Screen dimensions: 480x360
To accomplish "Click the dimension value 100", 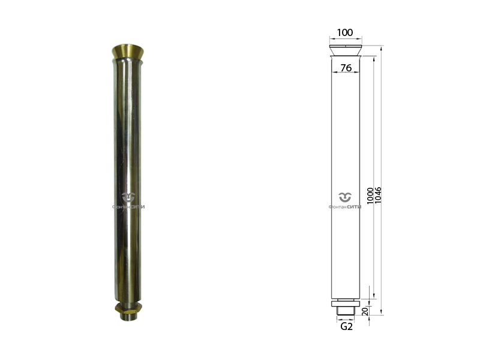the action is click(x=345, y=32).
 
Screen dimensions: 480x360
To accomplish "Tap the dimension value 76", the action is click(x=346, y=68).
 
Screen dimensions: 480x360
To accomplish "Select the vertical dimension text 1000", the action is click(x=370, y=196).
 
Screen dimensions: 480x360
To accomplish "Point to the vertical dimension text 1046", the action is click(x=378, y=194).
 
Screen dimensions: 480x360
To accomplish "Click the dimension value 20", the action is click(x=365, y=311).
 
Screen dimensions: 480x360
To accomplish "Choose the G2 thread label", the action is click(x=346, y=326).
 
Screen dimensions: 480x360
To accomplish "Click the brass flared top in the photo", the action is click(x=128, y=52).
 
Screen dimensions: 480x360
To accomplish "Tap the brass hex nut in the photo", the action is click(x=128, y=308).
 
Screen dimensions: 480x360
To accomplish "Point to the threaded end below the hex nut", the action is click(x=128, y=316).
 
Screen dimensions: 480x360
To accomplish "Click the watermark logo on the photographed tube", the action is click(x=128, y=200).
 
